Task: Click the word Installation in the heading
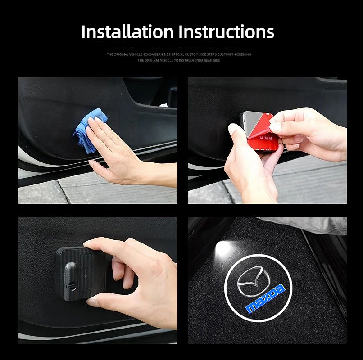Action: click(x=127, y=32)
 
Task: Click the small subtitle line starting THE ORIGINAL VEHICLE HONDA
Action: click(x=179, y=54)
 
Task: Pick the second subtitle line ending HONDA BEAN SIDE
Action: click(x=179, y=60)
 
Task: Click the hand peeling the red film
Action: click(x=306, y=130)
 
